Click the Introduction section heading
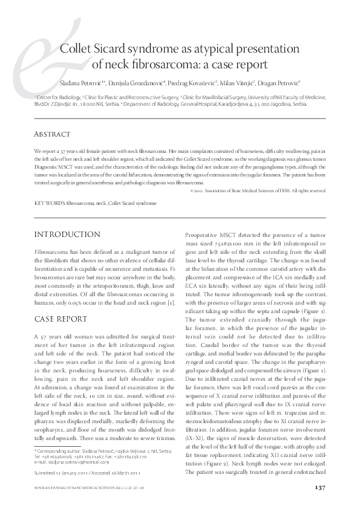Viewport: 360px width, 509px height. pos(67,233)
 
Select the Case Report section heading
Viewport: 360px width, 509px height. pos(62,319)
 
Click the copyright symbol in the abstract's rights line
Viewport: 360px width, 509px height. pos(192,190)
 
